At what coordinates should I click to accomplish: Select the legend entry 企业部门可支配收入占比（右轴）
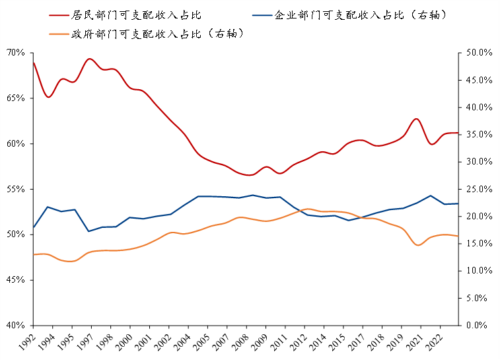(x=355, y=15)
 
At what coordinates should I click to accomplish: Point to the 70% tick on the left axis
(x=15, y=53)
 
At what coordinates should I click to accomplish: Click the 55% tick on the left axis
(x=15, y=190)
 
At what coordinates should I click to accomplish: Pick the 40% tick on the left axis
(x=15, y=326)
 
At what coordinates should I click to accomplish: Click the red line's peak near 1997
(x=90, y=59)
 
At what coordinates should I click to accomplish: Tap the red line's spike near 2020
(x=417, y=119)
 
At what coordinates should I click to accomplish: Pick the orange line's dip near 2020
(x=417, y=245)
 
